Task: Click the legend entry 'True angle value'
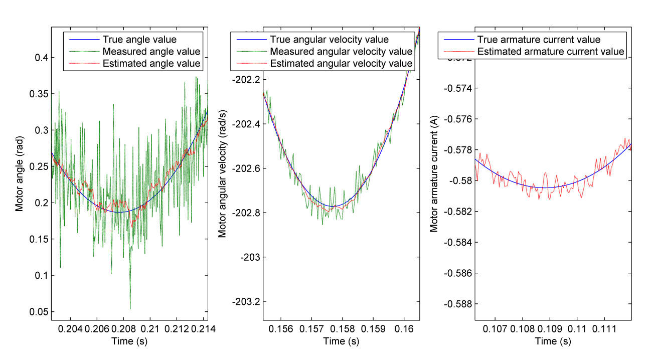click(x=139, y=39)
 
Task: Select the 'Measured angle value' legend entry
click(x=151, y=51)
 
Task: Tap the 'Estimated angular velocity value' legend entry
click(x=341, y=64)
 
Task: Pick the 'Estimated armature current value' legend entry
click(x=550, y=52)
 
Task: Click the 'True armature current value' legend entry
click(x=539, y=40)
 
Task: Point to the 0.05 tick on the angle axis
click(x=38, y=312)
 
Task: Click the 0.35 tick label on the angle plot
click(x=38, y=94)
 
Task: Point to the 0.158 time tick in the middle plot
click(x=343, y=329)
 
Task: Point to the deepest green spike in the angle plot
click(x=130, y=308)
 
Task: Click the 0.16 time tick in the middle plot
click(x=404, y=329)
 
